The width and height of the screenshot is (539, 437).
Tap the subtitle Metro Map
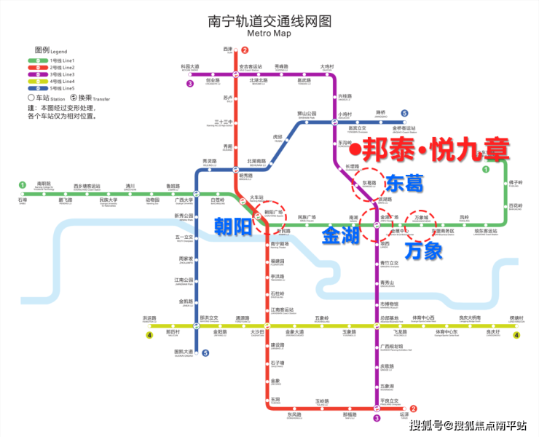pyautogui.click(x=269, y=34)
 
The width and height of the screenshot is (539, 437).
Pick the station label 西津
pyautogui.click(x=227, y=49)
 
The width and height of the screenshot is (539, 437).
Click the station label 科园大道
pyautogui.click(x=190, y=67)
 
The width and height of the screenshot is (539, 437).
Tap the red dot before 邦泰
pyautogui.click(x=354, y=151)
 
